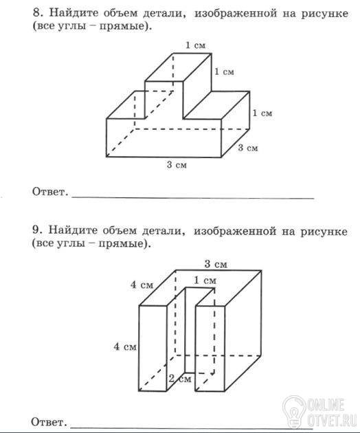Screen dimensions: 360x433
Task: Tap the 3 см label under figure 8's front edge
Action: tap(177, 165)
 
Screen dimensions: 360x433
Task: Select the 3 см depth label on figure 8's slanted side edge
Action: tap(248, 148)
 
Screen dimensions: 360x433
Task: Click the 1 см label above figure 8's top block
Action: tap(196, 45)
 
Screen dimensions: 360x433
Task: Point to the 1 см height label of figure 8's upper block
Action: tap(224, 71)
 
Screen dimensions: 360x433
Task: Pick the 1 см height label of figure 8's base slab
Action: tap(262, 113)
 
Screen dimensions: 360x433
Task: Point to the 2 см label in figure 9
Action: tap(180, 378)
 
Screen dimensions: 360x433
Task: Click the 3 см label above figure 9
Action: tap(216, 265)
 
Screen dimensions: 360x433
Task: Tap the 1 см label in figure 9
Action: tap(205, 280)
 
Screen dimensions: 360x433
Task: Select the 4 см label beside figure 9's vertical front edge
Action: tap(125, 346)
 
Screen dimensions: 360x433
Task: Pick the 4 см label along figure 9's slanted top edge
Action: tap(142, 285)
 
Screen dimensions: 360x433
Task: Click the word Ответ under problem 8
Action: tap(50, 191)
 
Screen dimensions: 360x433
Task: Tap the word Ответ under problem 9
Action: tap(49, 422)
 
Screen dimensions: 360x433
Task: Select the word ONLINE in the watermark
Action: tap(326, 406)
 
